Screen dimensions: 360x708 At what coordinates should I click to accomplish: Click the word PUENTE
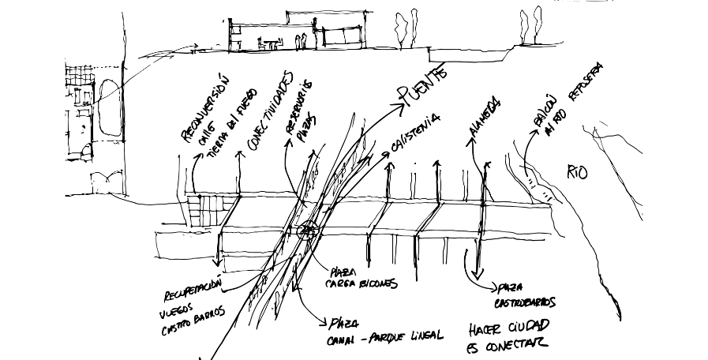click(x=425, y=84)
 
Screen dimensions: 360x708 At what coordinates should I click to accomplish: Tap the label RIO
click(x=577, y=172)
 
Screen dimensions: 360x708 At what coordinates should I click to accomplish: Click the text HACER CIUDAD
click(x=508, y=327)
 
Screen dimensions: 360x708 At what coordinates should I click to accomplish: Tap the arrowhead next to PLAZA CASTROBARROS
click(x=492, y=288)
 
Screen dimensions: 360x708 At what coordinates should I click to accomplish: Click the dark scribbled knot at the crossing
click(x=306, y=231)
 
